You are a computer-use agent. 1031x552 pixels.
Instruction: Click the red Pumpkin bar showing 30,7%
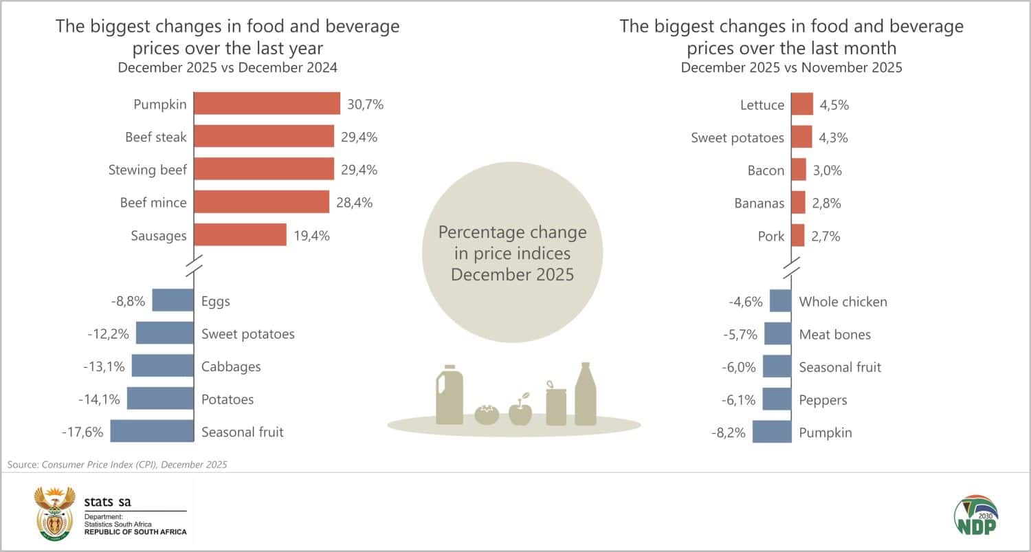pyautogui.click(x=267, y=104)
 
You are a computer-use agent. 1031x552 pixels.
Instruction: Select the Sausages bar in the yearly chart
pyautogui.click(x=240, y=235)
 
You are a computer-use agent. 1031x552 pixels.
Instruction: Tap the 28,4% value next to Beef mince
pyautogui.click(x=355, y=203)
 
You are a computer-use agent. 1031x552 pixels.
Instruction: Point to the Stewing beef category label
pyautogui.click(x=147, y=170)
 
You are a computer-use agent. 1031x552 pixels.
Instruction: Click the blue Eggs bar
pyautogui.click(x=173, y=300)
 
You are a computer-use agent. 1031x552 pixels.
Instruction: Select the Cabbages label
pyautogui.click(x=231, y=366)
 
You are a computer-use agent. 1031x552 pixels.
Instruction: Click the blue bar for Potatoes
pyautogui.click(x=160, y=399)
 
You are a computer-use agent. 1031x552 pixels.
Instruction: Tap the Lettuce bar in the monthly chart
pyautogui.click(x=802, y=104)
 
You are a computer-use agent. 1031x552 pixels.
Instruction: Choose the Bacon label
pyautogui.click(x=766, y=170)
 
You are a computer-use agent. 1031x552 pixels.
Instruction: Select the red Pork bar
pyautogui.click(x=798, y=235)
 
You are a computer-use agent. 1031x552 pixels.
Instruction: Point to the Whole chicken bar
pyautogui.click(x=780, y=301)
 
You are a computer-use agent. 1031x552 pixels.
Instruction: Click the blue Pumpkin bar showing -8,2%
pyautogui.click(x=772, y=432)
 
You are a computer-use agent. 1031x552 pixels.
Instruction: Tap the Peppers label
pyautogui.click(x=823, y=399)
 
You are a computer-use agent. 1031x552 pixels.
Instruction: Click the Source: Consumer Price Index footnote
pyautogui.click(x=117, y=465)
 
